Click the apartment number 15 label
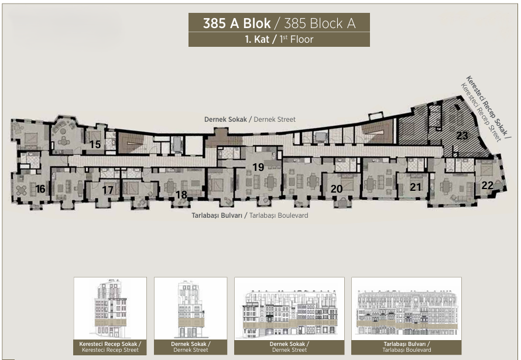coord(95,145)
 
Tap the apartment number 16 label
coord(40,189)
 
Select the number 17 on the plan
coord(108,190)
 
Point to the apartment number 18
coord(181,194)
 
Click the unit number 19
coord(258,167)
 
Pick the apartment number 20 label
coord(337,189)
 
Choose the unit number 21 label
coord(416,187)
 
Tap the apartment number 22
coord(487,186)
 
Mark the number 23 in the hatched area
coord(462,135)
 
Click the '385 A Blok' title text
coord(237,23)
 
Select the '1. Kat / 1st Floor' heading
coord(279,39)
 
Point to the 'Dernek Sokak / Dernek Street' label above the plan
coord(250,119)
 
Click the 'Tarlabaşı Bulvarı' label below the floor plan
coord(217,215)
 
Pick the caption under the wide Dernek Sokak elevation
coord(289,347)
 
